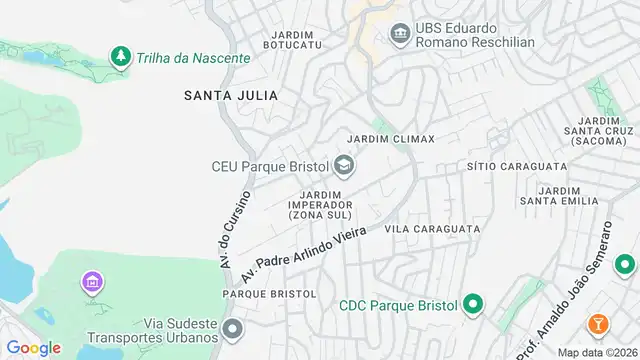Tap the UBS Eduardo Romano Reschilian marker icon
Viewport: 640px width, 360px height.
[x=400, y=35]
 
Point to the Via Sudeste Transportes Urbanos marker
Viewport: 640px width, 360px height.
[x=233, y=328]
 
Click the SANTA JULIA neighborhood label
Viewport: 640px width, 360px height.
[x=230, y=95]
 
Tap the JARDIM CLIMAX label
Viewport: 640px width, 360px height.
[x=390, y=139]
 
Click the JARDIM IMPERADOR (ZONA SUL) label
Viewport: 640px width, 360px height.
[x=321, y=204]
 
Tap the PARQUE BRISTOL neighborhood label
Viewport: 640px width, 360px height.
[x=269, y=294]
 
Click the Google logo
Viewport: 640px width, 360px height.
[x=34, y=347]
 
